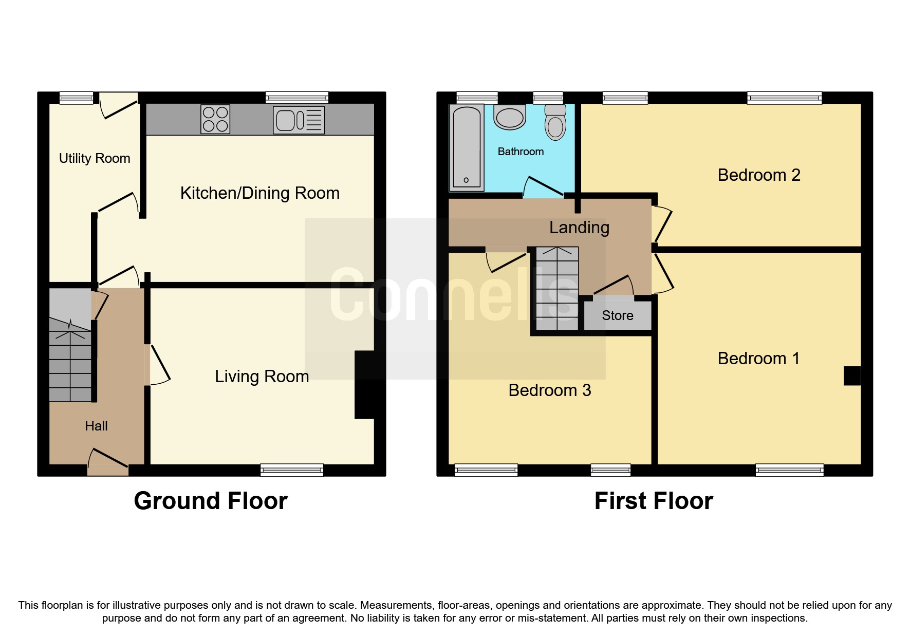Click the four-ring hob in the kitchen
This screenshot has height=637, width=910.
pyautogui.click(x=215, y=119)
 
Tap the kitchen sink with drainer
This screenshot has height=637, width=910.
pyautogui.click(x=299, y=120)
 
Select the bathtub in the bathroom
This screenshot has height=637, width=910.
pyautogui.click(x=467, y=147)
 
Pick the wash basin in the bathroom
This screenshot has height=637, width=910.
pyautogui.click(x=510, y=117)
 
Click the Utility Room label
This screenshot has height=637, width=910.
pyautogui.click(x=95, y=158)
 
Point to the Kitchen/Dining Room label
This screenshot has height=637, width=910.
pyautogui.click(x=259, y=193)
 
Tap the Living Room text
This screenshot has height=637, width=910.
pyautogui.click(x=262, y=377)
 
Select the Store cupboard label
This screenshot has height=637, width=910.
pyautogui.click(x=617, y=315)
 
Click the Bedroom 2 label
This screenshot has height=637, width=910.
pyautogui.click(x=758, y=175)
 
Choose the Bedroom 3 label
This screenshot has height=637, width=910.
pyautogui.click(x=549, y=390)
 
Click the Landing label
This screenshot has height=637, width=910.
pyautogui.click(x=579, y=228)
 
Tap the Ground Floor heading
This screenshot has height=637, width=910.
pyautogui.click(x=210, y=501)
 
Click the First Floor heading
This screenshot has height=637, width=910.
pyautogui.click(x=653, y=501)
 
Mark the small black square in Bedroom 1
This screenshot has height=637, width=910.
pyautogui.click(x=851, y=376)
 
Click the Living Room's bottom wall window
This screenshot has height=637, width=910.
pyautogui.click(x=291, y=470)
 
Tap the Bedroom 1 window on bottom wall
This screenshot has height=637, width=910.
pyautogui.click(x=789, y=470)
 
